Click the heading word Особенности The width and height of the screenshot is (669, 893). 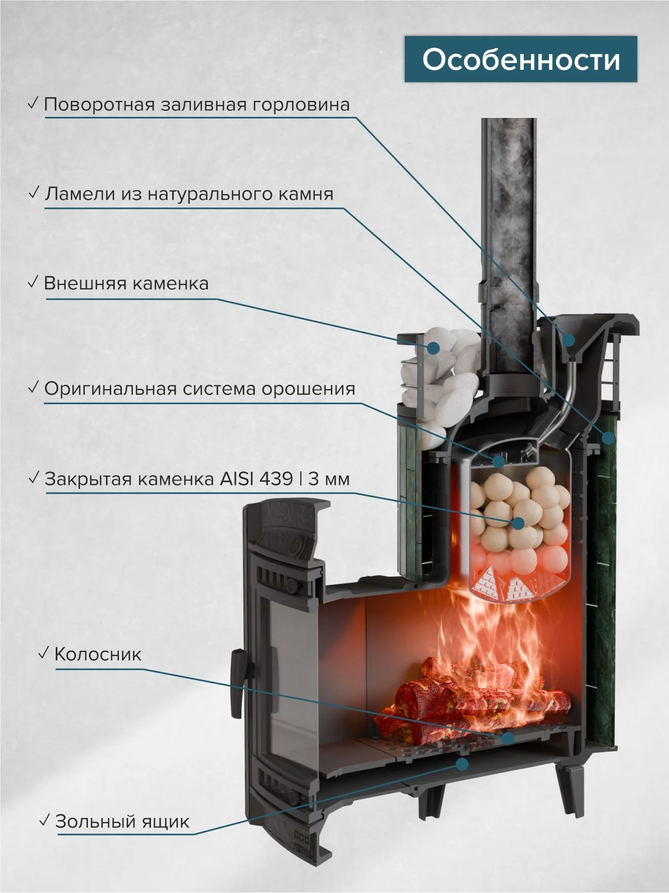pyautogui.click(x=521, y=59)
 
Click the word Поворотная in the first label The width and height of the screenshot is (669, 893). pyautogui.click(x=99, y=105)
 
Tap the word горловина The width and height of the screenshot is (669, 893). pyautogui.click(x=301, y=105)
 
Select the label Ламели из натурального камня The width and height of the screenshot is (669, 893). pyautogui.click(x=189, y=194)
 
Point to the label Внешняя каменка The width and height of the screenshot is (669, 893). pyautogui.click(x=127, y=284)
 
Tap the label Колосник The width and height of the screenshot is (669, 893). pyautogui.click(x=98, y=654)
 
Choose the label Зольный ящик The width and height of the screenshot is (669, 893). pyautogui.click(x=123, y=822)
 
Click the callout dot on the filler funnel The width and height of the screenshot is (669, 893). pyautogui.click(x=569, y=340)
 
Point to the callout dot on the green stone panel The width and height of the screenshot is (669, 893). pyautogui.click(x=608, y=438)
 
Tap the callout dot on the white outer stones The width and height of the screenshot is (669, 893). pyautogui.click(x=433, y=348)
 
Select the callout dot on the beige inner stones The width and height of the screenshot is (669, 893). pyautogui.click(x=518, y=523)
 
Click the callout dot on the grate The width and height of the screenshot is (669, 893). pyautogui.click(x=508, y=738)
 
